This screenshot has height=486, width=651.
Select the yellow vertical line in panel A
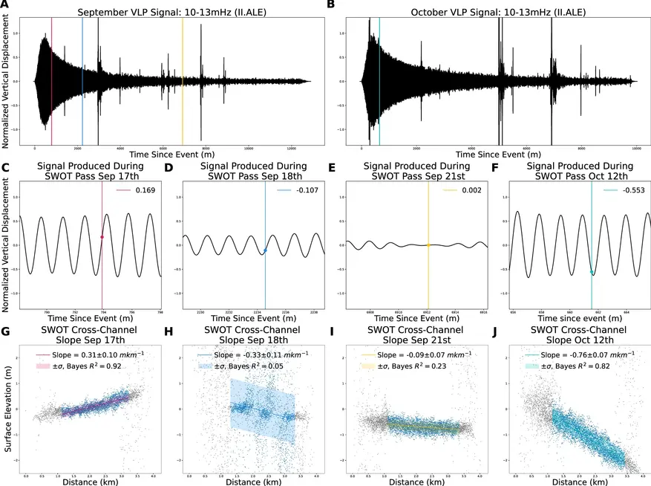coord(183,74)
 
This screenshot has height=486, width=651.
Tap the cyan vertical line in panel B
coord(379,74)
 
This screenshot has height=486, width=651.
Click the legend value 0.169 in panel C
coord(144,191)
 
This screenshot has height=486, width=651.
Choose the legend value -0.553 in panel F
coord(626,191)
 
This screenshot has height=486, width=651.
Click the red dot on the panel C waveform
coord(102,237)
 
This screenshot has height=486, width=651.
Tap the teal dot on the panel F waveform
coord(592,273)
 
